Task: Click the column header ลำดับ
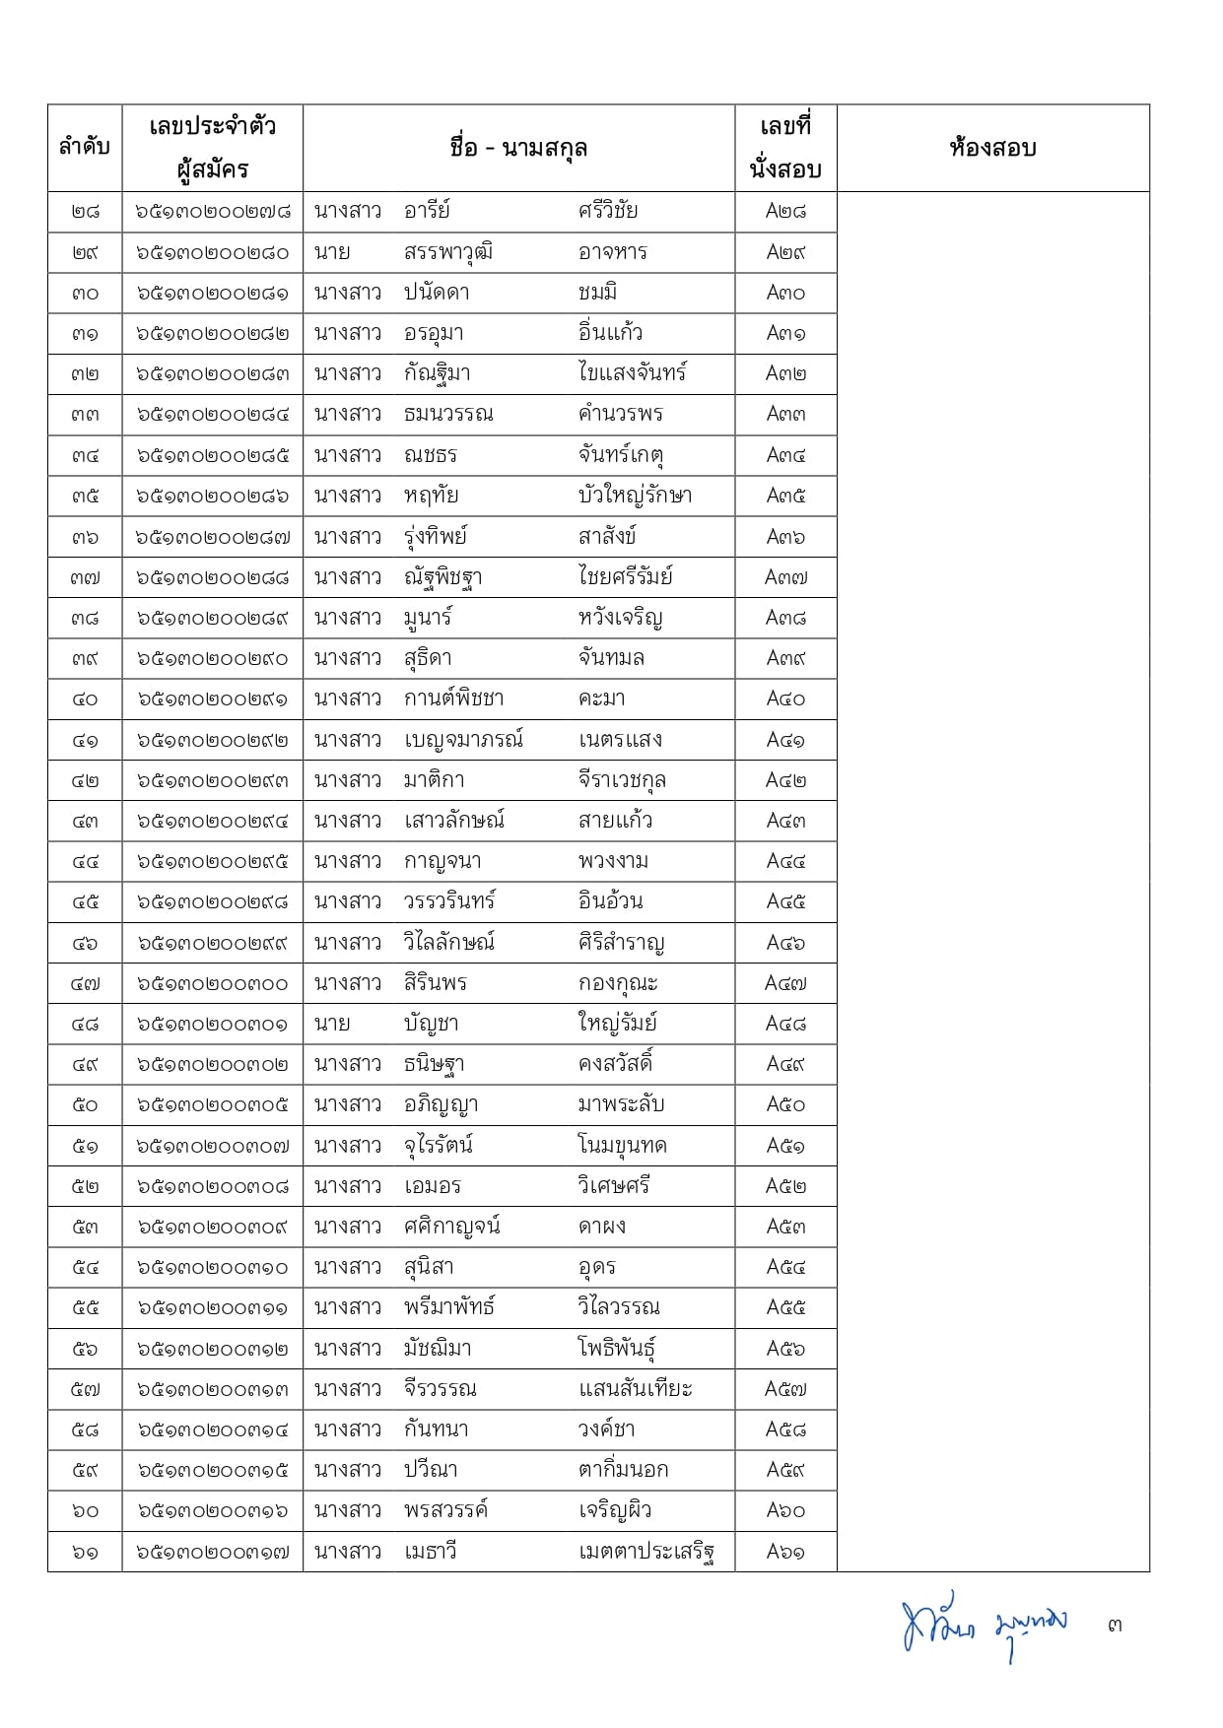[85, 148]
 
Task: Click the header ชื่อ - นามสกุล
[518, 148]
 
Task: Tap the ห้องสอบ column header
[992, 148]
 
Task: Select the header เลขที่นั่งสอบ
[785, 148]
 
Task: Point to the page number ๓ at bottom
[1115, 1625]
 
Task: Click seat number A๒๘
[785, 211]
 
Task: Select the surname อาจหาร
[613, 252]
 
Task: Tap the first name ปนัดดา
[437, 293]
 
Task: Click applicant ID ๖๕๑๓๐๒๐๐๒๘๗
[213, 537]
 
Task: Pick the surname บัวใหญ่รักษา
[635, 496]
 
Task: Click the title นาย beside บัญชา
[332, 1024]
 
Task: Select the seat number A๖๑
[785, 1552]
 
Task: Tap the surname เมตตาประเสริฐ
[645, 1552]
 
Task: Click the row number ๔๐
[85, 699]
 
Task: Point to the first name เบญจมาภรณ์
[463, 740]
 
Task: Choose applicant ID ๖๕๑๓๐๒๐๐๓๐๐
[213, 983]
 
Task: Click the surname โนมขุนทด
[623, 1146]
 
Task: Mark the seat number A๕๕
[785, 1308]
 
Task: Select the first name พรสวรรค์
[445, 1510]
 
